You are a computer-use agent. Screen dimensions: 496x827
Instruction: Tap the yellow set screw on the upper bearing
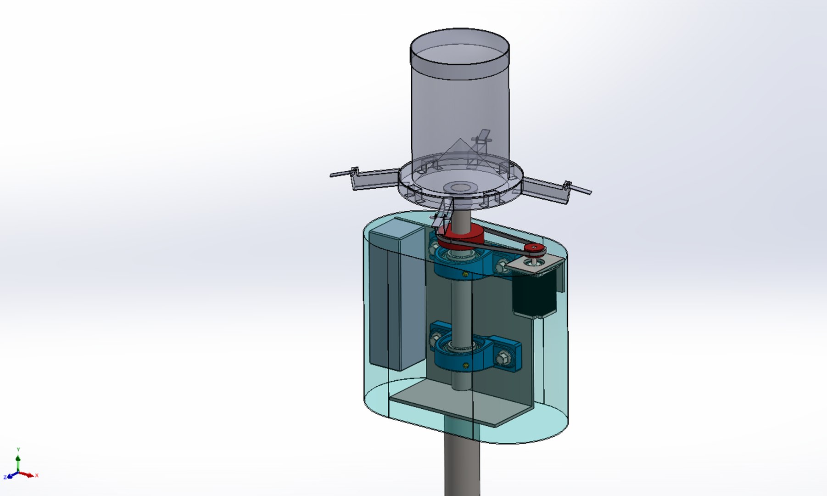pos(465,274)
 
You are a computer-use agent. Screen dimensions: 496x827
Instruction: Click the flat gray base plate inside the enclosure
pos(459,404)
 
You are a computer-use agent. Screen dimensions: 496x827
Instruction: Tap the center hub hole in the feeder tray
pos(460,187)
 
